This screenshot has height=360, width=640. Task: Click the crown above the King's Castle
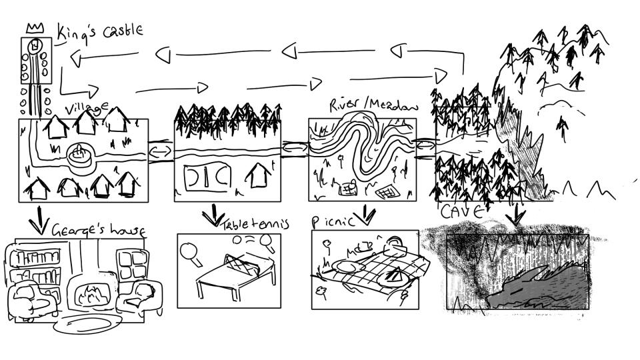click(33, 28)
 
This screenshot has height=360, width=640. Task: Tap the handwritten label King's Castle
click(99, 31)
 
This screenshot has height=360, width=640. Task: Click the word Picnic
click(333, 221)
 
